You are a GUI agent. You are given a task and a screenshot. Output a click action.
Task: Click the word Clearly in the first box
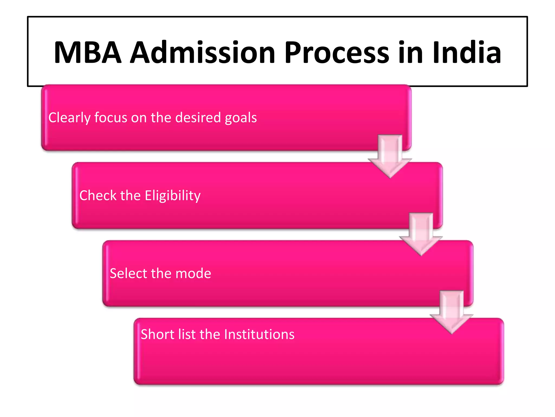coord(69,118)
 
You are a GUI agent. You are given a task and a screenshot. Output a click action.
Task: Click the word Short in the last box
coord(157,334)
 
